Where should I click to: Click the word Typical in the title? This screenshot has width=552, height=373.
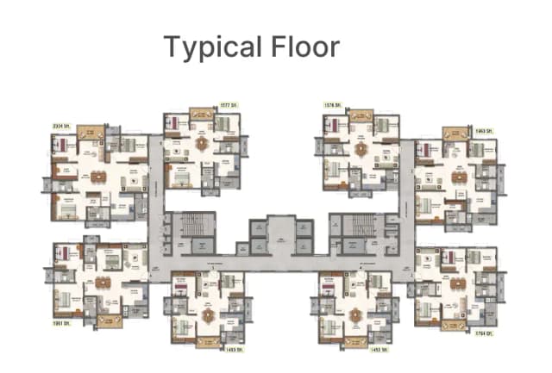(209, 47)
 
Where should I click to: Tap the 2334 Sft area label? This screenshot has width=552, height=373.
(61, 124)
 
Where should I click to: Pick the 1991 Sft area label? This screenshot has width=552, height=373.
(61, 325)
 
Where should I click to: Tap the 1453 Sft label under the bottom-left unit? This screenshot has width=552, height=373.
(229, 351)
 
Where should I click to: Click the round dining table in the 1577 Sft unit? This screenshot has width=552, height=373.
(204, 143)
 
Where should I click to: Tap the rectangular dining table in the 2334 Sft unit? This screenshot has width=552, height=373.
(97, 177)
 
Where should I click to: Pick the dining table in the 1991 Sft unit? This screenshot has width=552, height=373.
(103, 282)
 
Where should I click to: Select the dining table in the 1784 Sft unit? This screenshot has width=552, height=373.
(458, 282)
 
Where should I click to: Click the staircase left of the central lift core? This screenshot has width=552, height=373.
(191, 228)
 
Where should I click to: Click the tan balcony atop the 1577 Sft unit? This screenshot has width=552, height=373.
(201, 113)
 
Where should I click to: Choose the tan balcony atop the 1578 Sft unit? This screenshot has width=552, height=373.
(361, 113)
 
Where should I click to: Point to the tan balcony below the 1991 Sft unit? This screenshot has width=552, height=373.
(109, 320)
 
